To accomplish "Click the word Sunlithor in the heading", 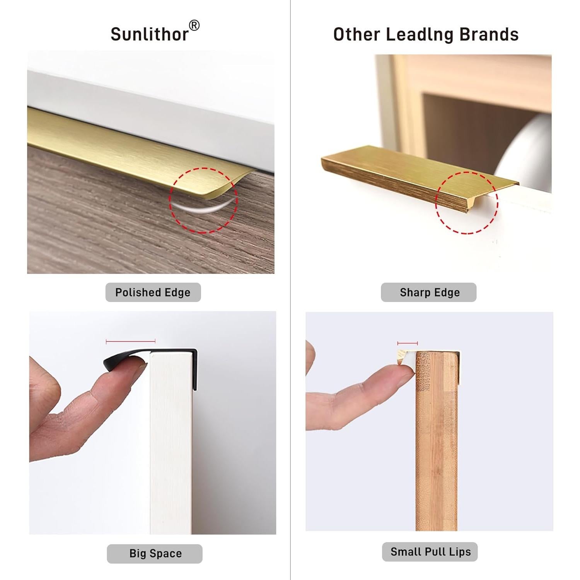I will click(x=149, y=34).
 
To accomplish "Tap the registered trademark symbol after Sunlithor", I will click(x=194, y=26).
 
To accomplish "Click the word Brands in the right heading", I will click(x=489, y=34).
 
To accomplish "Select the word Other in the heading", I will click(x=357, y=34).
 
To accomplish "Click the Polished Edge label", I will click(x=153, y=292).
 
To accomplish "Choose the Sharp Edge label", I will click(x=429, y=292).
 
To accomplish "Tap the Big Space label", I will click(x=155, y=554).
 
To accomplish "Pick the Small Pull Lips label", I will click(x=430, y=552).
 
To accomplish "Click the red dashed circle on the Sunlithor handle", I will click(x=203, y=200).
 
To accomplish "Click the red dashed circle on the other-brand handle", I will click(x=467, y=203).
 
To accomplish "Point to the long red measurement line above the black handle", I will click(x=130, y=341).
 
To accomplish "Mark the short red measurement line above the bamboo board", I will click(x=408, y=343).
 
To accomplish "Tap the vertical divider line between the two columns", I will click(x=290, y=290).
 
